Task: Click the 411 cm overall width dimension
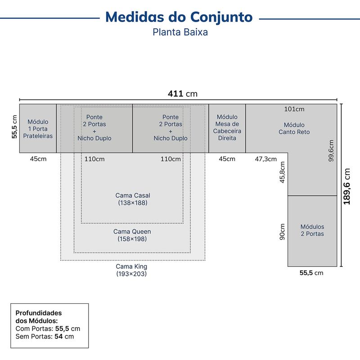[x=183, y=94]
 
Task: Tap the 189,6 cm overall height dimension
[x=346, y=186]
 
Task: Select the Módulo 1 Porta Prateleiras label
[x=38, y=129]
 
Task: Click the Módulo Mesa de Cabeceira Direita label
[x=227, y=127]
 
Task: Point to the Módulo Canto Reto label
[x=294, y=128]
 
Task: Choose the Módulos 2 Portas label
[x=312, y=230]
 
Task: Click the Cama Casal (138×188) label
[x=133, y=199]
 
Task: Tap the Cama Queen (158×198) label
[x=132, y=235]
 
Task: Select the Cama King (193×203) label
[x=131, y=270]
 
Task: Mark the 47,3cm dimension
[x=265, y=159]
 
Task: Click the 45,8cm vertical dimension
[x=282, y=172]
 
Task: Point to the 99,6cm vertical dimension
[x=331, y=151]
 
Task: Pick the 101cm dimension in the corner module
[x=294, y=109]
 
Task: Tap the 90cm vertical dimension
[x=282, y=232]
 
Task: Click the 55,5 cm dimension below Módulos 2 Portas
[x=311, y=273]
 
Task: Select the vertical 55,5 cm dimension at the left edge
[x=14, y=127]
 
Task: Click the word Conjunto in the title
[x=221, y=17]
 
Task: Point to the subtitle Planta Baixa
[x=180, y=32]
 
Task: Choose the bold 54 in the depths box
[x=58, y=337]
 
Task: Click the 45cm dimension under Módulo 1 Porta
[x=38, y=159]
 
